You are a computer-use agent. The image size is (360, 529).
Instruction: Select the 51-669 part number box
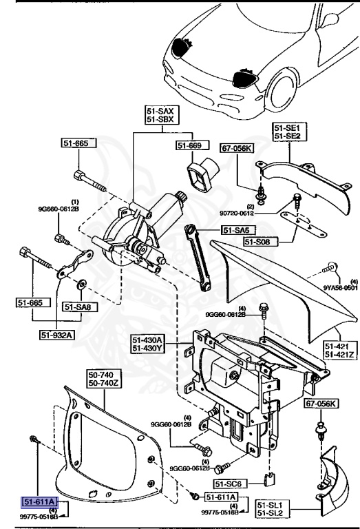[x=191, y=145]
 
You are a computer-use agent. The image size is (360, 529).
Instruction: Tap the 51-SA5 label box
[x=235, y=231]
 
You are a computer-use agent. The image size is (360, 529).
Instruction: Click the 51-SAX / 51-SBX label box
[x=160, y=115]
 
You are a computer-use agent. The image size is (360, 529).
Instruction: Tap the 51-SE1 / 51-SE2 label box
[x=288, y=132]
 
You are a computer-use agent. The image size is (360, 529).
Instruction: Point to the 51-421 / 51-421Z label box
[x=339, y=351]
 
